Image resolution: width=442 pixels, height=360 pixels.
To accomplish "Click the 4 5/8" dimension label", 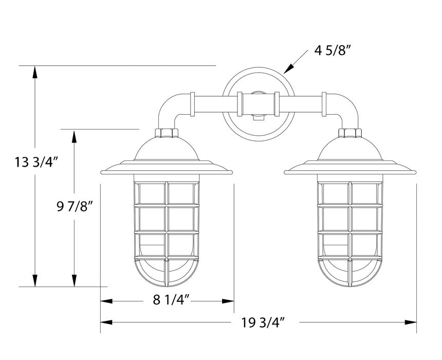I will (332, 51).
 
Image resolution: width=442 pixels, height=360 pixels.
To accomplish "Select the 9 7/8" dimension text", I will (75, 207).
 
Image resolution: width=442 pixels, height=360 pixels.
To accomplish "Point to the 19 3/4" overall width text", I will (263, 322).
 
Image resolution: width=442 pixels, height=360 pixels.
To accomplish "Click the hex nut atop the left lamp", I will (167, 133).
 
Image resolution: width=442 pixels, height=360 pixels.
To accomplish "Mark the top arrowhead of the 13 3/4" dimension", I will (35, 73).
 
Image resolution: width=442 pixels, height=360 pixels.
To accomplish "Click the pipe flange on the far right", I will (324, 103).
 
